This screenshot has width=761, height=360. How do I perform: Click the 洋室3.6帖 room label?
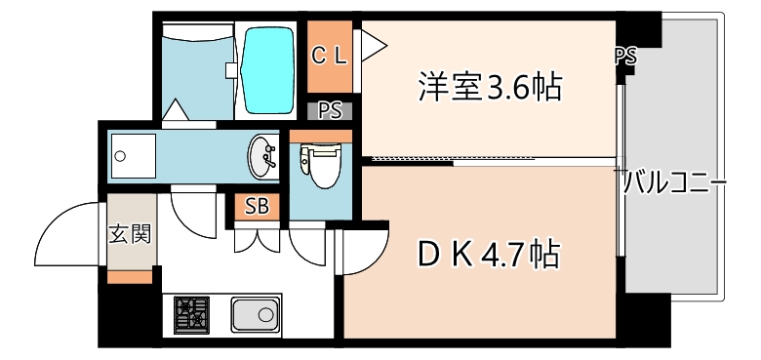[490, 89]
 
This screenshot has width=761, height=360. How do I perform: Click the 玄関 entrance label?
[129, 234]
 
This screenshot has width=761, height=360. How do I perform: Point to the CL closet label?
[329, 56]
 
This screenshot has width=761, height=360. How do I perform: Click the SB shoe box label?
[257, 206]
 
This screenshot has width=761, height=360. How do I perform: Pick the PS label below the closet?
[330, 109]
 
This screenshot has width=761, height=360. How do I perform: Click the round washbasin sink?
[262, 156]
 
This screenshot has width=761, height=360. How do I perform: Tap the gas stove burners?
[192, 313]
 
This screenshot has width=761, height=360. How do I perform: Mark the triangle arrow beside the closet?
[375, 43]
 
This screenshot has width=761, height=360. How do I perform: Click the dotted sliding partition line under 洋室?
[449, 158]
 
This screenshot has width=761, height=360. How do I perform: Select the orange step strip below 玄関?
[129, 277]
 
